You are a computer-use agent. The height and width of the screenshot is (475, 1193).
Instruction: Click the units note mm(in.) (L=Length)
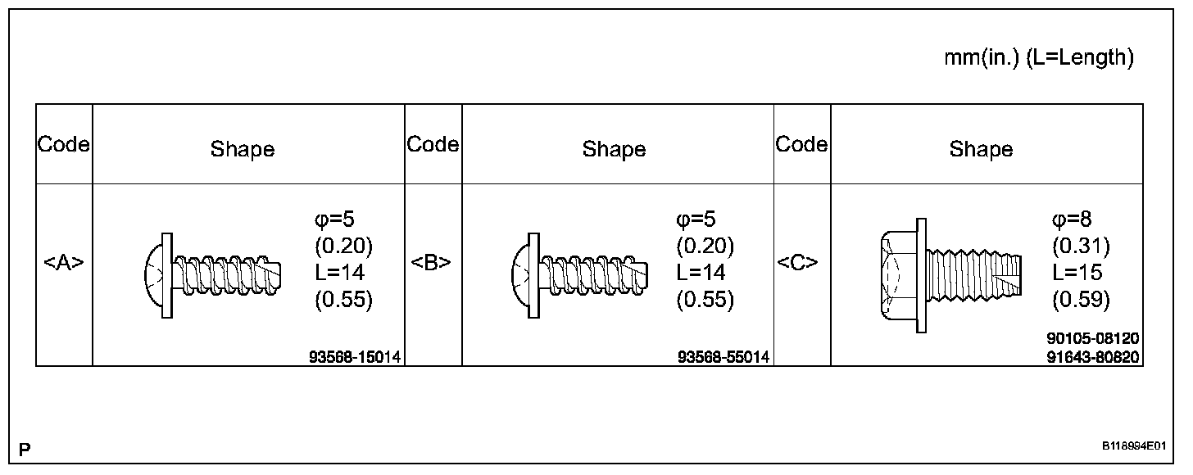click(x=1039, y=58)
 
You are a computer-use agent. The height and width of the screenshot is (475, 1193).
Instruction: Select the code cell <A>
click(x=64, y=263)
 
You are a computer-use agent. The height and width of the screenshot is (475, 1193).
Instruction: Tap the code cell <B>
click(x=433, y=263)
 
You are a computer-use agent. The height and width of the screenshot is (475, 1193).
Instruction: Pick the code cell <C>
click(x=801, y=263)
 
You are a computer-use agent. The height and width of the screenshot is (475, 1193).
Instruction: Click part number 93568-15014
click(x=355, y=357)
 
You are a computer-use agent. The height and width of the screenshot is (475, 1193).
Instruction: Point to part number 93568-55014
click(x=724, y=357)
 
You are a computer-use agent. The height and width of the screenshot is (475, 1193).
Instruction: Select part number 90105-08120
click(x=1093, y=339)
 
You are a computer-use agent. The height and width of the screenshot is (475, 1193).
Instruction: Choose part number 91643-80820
click(x=1093, y=357)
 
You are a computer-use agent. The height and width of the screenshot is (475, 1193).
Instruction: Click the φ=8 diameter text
click(x=1072, y=219)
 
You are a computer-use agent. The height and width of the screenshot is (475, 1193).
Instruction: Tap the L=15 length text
click(x=1077, y=273)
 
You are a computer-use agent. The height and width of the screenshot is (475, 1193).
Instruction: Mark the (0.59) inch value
click(x=1081, y=300)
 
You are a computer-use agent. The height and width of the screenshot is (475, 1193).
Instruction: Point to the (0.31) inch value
click(x=1081, y=246)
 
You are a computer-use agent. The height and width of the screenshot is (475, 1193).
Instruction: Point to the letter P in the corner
click(x=25, y=450)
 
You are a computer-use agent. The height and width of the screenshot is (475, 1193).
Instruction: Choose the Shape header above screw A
click(x=243, y=149)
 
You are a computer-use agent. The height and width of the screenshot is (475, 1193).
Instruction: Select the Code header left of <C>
click(x=801, y=145)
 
